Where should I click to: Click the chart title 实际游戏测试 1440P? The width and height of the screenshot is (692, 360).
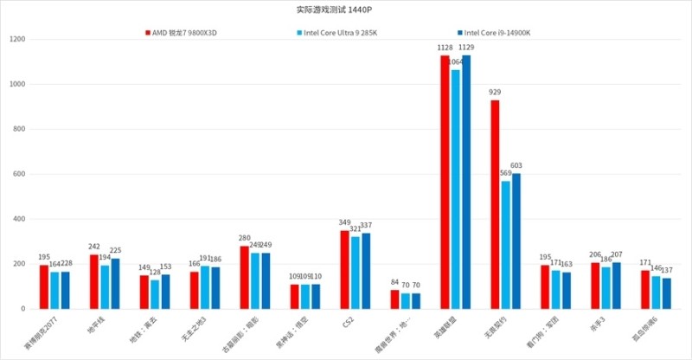click(346, 10)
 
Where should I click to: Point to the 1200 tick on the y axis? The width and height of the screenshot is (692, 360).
click(19, 40)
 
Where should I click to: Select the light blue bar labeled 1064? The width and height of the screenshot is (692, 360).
click(456, 190)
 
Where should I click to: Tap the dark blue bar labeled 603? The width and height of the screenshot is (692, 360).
click(516, 241)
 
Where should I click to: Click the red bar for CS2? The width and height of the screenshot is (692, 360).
click(344, 269)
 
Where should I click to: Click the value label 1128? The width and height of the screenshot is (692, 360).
click(445, 48)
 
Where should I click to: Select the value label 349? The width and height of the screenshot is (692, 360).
click(343, 223)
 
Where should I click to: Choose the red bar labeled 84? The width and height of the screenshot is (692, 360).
click(394, 299)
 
